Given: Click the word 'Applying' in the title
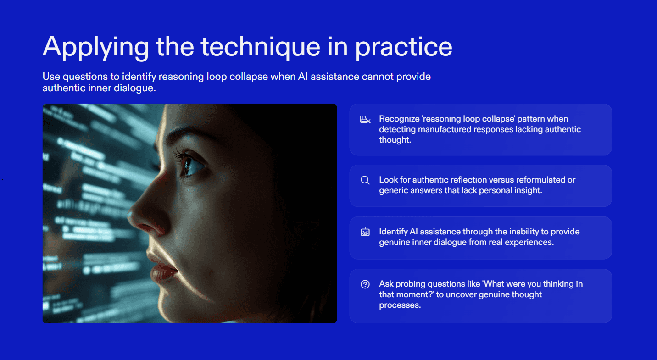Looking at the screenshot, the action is tap(96, 47).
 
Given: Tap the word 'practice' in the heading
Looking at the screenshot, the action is tap(404, 47).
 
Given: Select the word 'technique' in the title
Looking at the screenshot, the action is tap(260, 47).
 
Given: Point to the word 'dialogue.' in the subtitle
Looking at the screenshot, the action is tap(135, 88).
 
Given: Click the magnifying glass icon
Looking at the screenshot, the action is tap(365, 180).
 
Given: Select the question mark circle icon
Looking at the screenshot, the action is tap(365, 284).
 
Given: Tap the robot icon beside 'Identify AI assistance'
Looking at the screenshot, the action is tap(365, 232).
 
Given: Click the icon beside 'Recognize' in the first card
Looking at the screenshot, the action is tap(365, 119).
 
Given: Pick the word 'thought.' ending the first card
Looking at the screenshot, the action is tap(395, 140).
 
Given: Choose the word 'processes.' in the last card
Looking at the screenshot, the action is tap(400, 305).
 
